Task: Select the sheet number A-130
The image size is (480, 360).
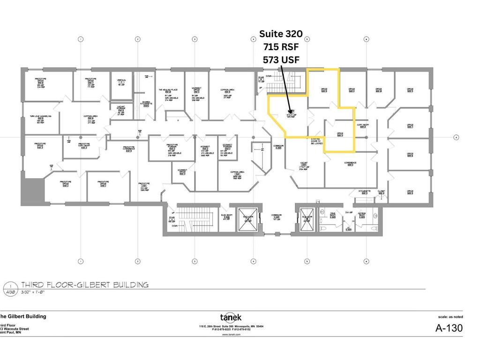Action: click(449, 328)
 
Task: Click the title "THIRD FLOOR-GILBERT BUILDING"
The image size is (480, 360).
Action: click(85, 285)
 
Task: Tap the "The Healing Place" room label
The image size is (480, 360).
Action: click(167, 90)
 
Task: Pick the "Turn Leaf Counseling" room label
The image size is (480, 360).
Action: click(40, 117)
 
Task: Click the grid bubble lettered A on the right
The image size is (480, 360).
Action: click(456, 137)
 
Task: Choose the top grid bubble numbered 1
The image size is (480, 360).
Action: click(80, 39)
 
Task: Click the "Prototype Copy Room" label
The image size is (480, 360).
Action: click(84, 145)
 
